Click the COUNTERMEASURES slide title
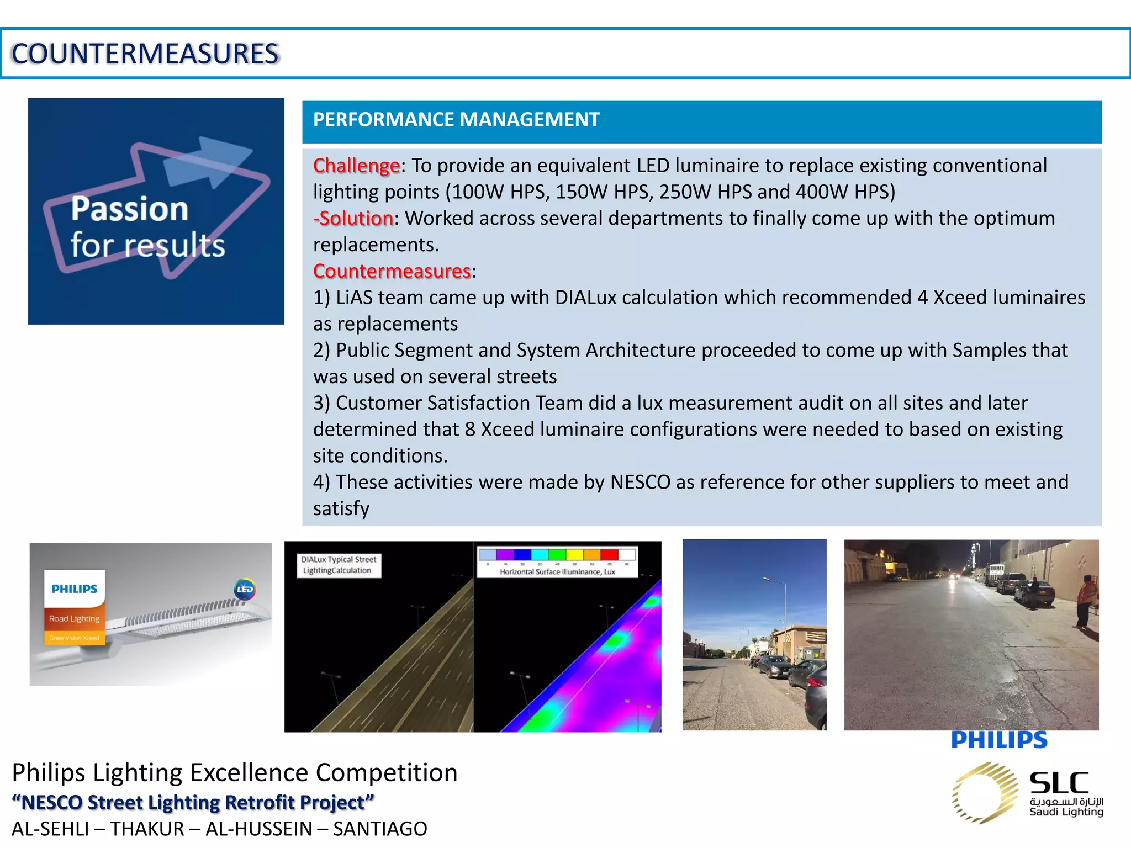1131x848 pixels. coord(145,54)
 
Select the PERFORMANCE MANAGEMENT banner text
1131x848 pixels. coord(456,120)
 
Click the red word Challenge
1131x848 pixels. coord(356,166)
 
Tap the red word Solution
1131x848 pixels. coord(356,219)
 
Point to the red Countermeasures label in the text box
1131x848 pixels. coord(392,271)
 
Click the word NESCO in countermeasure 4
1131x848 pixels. coord(640,483)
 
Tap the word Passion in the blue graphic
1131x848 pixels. coord(130,209)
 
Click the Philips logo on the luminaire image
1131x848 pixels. coord(75,589)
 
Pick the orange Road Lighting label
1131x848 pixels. coord(75,619)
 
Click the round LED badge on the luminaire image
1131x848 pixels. coord(244,589)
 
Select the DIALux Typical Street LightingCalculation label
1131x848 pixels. coord(339,565)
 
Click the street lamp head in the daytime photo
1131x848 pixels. coord(767,579)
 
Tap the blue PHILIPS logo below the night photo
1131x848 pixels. coord(999,740)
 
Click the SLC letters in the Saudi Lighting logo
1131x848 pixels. coord(1059,783)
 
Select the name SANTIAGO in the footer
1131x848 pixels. coord(380,829)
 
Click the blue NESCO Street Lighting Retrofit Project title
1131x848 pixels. coord(193,802)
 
